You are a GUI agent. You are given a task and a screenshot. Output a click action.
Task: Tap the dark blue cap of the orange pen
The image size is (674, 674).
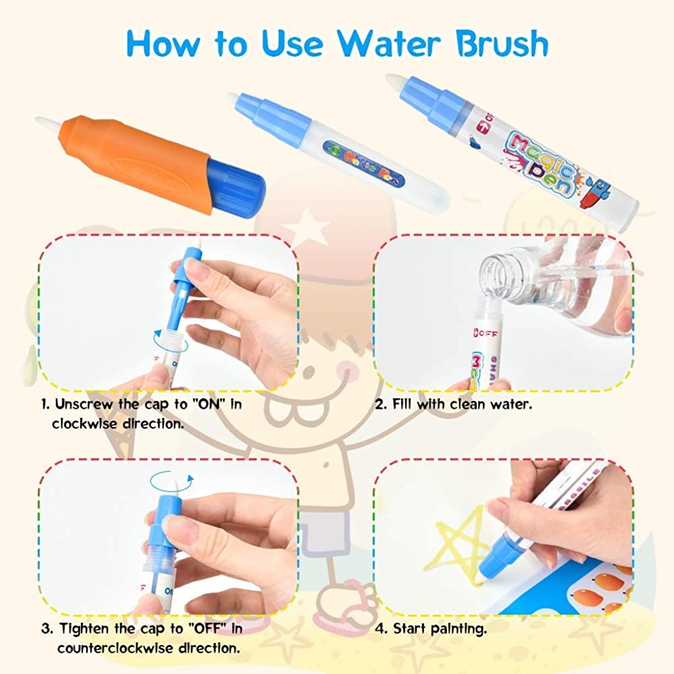(x=236, y=181)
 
